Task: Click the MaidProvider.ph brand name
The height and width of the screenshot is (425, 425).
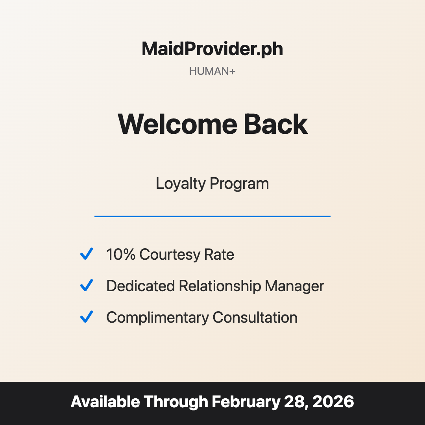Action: (212, 49)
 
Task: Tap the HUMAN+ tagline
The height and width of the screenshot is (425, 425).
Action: (212, 71)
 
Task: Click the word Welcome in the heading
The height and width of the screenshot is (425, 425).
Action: (177, 124)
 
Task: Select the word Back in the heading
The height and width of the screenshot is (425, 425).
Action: (275, 124)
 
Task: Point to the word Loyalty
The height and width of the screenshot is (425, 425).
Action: (180, 184)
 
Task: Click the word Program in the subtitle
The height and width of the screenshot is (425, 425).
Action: (239, 184)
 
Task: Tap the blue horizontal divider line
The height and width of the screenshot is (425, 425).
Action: (212, 216)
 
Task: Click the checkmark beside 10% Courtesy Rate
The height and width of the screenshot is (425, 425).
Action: (86, 254)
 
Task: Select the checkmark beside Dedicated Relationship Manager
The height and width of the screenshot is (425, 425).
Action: (86, 285)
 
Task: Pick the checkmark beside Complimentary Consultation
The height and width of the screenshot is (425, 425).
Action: (86, 317)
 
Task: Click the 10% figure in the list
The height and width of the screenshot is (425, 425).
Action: (121, 255)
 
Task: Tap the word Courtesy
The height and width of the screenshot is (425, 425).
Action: (170, 255)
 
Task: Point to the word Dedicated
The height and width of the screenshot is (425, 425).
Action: (140, 286)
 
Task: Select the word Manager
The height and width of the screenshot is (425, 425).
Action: (294, 286)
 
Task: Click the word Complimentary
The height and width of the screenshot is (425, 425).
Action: (157, 318)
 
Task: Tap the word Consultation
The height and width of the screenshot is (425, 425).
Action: (255, 318)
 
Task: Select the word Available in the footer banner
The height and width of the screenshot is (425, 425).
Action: (105, 402)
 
